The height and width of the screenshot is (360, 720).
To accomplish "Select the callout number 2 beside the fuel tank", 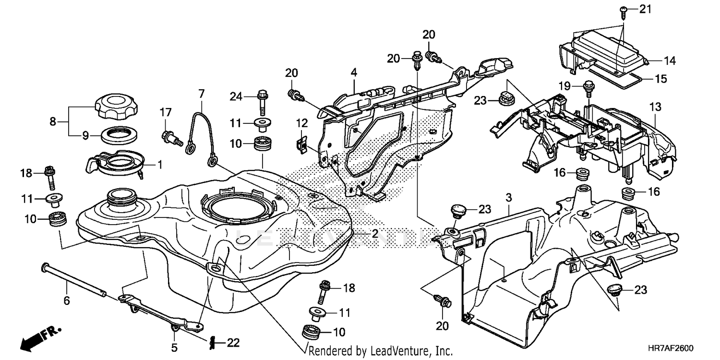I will [x=374, y=234].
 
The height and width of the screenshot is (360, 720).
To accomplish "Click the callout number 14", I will [x=669, y=60].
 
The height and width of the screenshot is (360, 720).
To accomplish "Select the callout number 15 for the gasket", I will [x=661, y=79].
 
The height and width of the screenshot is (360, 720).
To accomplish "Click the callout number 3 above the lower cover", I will [x=509, y=197].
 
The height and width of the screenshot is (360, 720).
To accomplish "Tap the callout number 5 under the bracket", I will [x=175, y=347].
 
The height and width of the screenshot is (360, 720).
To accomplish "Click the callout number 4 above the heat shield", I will [x=354, y=73].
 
